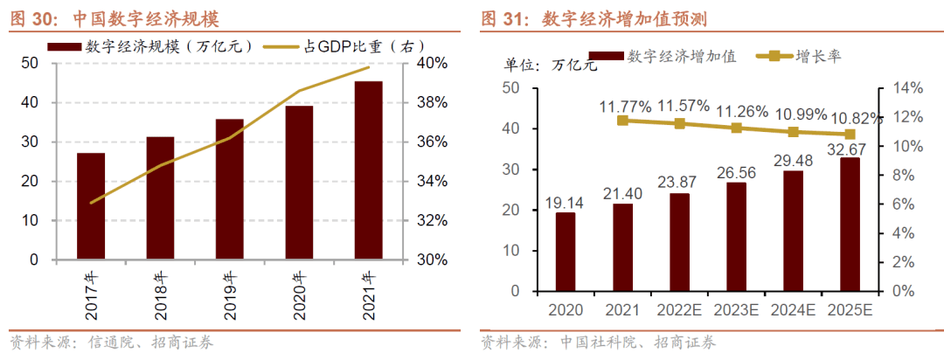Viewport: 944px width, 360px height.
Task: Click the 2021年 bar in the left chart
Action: [368, 170]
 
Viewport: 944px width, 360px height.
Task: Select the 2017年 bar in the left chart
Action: [91, 206]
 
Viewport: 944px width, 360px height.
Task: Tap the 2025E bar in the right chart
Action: [850, 225]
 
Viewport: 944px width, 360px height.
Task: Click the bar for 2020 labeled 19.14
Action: [566, 252]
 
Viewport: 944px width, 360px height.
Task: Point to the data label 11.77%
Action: [625, 107]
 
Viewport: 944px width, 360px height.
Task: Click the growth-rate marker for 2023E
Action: [736, 128]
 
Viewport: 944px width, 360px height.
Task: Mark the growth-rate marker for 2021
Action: [622, 121]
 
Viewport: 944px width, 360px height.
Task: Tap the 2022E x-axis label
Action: [679, 310]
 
